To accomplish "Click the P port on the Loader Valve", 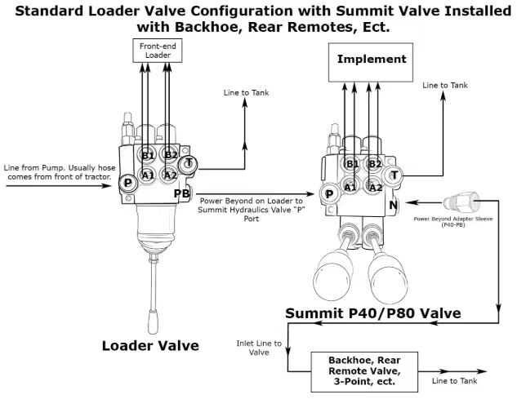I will tap(127, 183).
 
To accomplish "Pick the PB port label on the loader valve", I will tap(182, 193).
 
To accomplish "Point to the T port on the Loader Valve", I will tap(187, 164).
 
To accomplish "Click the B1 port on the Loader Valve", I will tap(148, 155).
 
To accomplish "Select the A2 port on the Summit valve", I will tap(375, 188).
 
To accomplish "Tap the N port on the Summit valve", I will tap(394, 207).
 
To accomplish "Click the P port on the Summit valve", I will tap(328, 194).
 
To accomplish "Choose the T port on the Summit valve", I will tap(394, 175).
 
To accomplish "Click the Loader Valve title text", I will tap(150, 345).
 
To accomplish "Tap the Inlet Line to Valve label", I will tap(259, 348).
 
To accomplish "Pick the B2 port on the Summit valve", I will tap(375, 164).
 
